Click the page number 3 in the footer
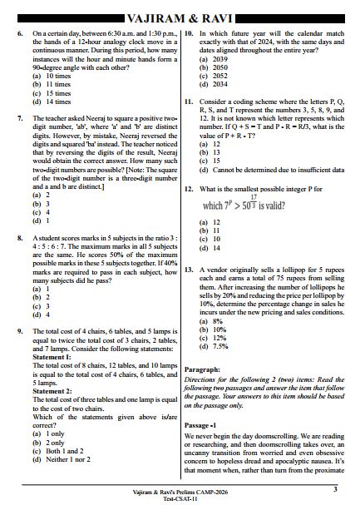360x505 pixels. (x=334, y=490)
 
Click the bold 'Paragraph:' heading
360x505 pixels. (x=202, y=369)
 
